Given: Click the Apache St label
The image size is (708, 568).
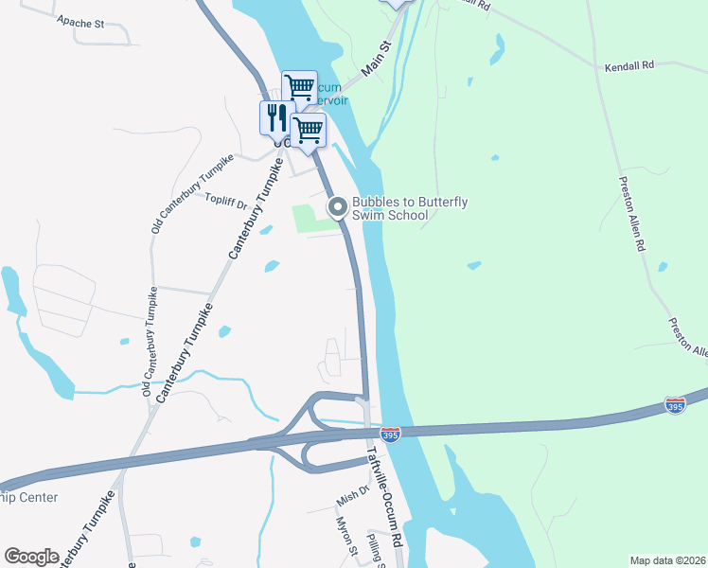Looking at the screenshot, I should point(80,20).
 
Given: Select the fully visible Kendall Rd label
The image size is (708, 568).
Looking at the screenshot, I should point(629,67).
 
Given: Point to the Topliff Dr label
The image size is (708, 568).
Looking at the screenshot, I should point(226,201).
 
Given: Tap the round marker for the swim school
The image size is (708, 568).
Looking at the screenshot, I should point(337,206).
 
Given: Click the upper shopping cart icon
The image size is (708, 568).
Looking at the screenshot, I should point(300,87).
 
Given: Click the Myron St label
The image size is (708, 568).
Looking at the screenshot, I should point(345,538).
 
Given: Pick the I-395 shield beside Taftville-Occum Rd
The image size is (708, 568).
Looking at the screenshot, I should point(391,434).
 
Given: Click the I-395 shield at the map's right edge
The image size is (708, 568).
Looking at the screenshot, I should point(675,405).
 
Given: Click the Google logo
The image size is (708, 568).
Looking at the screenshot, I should point(31,557).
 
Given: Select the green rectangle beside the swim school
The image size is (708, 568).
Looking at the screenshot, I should point(314,218).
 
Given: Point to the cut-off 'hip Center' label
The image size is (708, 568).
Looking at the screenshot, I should point(29,497).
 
